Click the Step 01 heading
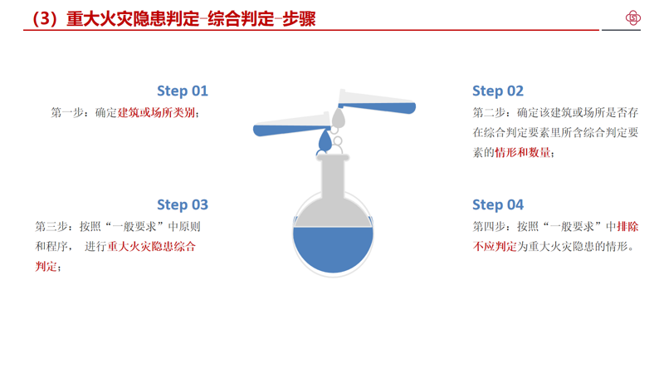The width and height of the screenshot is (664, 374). (x=183, y=91)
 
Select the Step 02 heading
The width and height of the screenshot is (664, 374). (x=498, y=91)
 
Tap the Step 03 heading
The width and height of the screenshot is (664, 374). (x=183, y=204)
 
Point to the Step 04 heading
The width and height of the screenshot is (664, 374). (x=498, y=204)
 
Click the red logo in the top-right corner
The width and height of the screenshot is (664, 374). (x=633, y=17)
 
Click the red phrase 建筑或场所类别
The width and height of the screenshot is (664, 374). (x=156, y=113)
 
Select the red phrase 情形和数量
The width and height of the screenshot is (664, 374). (x=523, y=152)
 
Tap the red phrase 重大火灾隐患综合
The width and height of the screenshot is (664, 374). (x=152, y=246)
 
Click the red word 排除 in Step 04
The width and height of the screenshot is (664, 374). (x=627, y=227)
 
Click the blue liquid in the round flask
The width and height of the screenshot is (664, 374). (x=333, y=248)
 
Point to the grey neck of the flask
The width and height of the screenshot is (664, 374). (x=333, y=177)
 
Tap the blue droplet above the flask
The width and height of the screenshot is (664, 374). (x=325, y=140)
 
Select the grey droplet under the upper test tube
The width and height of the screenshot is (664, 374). (x=338, y=117)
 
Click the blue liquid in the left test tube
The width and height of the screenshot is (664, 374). (x=289, y=130)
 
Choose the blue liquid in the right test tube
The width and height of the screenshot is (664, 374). (x=379, y=108)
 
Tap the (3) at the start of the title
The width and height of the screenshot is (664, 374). (x=45, y=19)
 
